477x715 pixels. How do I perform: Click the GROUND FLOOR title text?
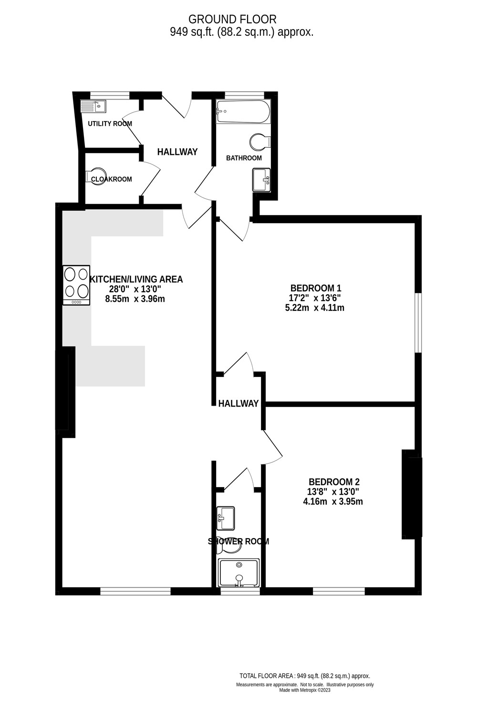(232, 20)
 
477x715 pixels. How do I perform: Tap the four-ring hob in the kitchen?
(76, 285)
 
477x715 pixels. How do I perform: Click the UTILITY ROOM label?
(110, 123)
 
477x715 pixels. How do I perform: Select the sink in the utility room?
(93, 106)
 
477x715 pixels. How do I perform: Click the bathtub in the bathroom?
(243, 112)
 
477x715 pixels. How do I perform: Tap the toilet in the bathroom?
(260, 142)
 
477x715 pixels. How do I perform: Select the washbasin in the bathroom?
(261, 180)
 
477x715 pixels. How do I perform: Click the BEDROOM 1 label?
(316, 288)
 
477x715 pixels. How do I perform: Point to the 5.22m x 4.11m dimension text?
(314, 308)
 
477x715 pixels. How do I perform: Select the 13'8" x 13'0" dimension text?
(333, 491)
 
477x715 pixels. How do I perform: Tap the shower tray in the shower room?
(239, 573)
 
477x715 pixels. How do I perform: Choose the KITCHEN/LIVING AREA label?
(136, 279)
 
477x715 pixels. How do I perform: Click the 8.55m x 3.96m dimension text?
(135, 299)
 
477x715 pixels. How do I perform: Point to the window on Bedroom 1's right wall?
(417, 322)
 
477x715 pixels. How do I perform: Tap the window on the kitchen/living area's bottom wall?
(135, 592)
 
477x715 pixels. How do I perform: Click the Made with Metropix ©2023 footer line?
(305, 690)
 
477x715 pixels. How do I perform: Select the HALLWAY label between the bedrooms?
(238, 403)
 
